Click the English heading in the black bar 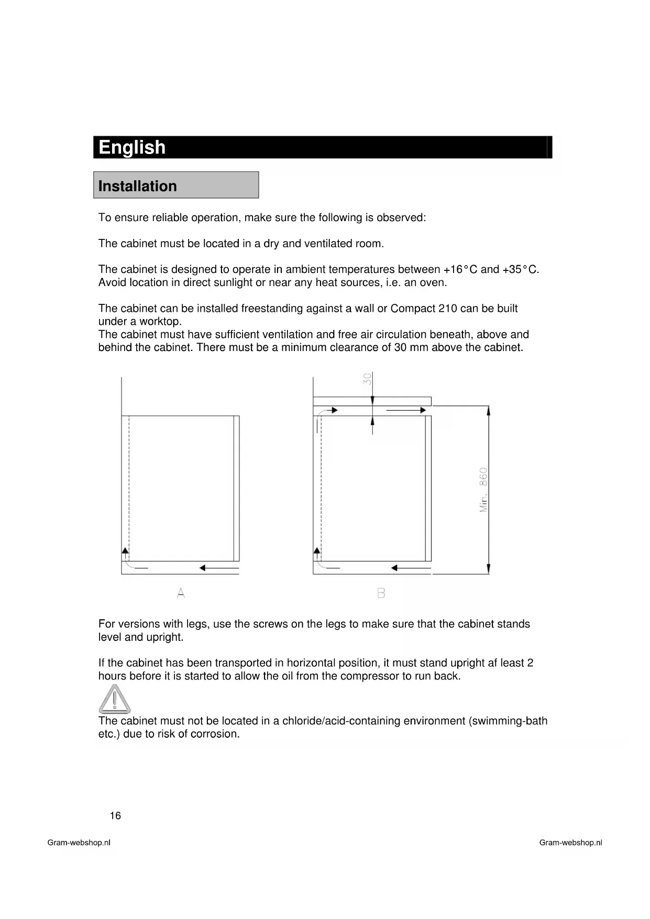pos(132,147)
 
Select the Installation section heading pos(138,186)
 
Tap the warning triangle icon pos(114,698)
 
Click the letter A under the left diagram pos(181,593)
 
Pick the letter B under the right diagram pos(381,593)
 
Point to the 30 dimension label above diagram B pos(368,378)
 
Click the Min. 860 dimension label pos(483,489)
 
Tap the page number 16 pos(115,815)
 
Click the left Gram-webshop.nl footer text pos(79,843)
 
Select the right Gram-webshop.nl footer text pos(570,843)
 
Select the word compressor pos(370,676)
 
